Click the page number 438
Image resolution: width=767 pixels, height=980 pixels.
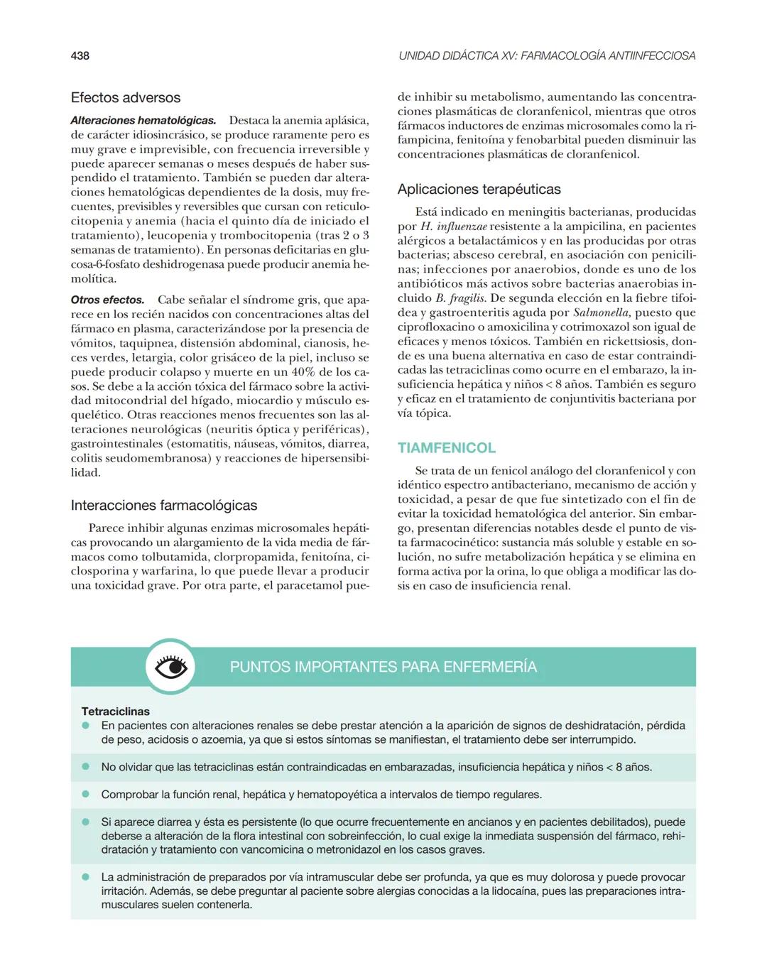point(80,55)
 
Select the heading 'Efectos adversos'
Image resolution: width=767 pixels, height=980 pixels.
point(126,98)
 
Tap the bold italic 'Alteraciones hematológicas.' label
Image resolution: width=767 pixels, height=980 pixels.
point(143,121)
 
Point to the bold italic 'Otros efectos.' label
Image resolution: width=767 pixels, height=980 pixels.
point(107,300)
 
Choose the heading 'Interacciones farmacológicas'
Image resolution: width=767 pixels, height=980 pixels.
point(164,506)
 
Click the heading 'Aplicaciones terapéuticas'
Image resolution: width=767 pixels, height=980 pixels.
point(479,190)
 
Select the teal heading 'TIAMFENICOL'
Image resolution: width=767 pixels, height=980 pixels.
point(447,448)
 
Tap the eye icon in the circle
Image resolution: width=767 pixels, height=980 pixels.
point(170,667)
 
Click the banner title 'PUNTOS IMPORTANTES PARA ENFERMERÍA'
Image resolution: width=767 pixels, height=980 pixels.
point(383,667)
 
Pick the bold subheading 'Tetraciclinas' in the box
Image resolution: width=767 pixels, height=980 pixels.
point(116,712)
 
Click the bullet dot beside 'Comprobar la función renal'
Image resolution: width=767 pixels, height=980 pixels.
point(85,795)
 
